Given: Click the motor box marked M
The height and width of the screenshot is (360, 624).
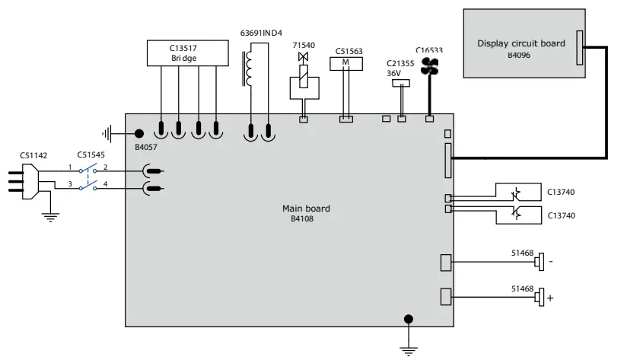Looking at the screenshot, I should (x=347, y=63).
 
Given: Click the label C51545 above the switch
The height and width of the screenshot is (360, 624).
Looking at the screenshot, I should (x=92, y=155).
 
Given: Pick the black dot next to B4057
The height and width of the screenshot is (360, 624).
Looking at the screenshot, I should (x=138, y=133).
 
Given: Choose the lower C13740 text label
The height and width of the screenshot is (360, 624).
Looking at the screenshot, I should (x=562, y=216).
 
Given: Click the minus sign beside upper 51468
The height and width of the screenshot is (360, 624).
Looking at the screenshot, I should (x=550, y=262).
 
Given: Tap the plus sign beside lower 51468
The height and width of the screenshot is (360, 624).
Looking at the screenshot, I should (x=550, y=298).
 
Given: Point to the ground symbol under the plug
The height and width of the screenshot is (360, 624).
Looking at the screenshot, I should (x=49, y=217).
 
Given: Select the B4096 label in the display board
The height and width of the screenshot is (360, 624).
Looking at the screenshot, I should (x=520, y=55).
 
